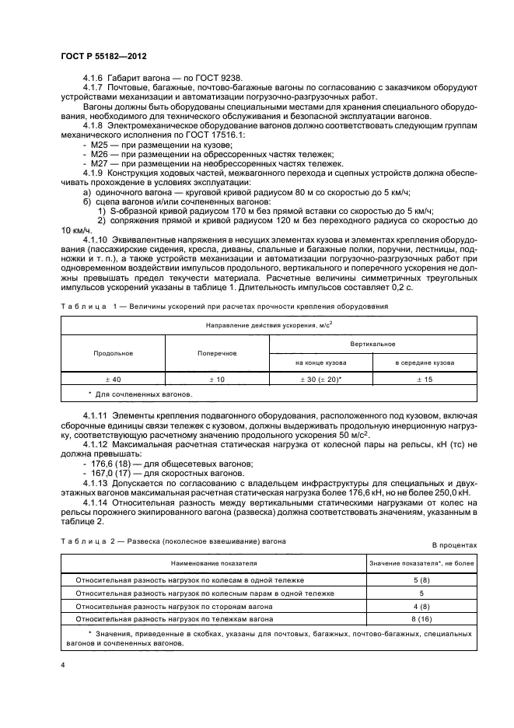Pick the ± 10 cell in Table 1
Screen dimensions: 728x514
[217, 379]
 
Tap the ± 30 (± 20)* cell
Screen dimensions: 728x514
[320, 379]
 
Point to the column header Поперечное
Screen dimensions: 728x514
[217, 352]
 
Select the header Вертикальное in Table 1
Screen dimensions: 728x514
[372, 343]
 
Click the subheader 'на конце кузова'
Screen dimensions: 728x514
[320, 362]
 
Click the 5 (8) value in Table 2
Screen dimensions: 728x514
[421, 580]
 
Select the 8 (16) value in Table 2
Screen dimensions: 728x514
[421, 619]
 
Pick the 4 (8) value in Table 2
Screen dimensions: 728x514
[421, 606]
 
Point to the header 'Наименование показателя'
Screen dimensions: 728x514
[212, 562]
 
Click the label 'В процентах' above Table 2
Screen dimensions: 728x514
[454, 545]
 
